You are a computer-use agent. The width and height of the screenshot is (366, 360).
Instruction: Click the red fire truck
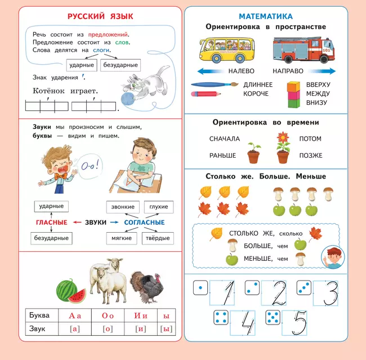303,50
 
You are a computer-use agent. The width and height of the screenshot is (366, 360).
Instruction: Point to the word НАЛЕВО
241,72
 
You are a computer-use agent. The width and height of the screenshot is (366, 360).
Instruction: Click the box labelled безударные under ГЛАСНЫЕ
51,238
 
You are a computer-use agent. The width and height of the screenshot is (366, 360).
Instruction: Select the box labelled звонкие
122,207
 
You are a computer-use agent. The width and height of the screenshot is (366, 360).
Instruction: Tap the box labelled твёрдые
157,238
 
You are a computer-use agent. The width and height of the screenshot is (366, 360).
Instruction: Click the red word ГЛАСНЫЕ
51,223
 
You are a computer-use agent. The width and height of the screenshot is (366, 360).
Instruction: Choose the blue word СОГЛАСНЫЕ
145,223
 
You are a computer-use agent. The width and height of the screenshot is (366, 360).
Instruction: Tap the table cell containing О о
108,315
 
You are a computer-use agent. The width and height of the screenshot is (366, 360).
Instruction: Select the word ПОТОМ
310,139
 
